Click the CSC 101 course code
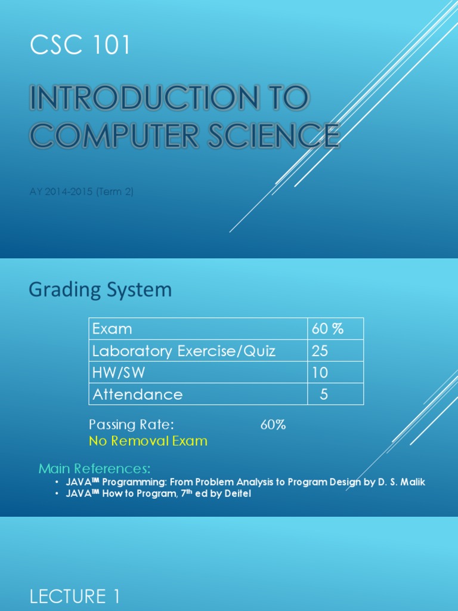click(x=80, y=46)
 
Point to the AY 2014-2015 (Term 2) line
click(x=86, y=192)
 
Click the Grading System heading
click(x=100, y=290)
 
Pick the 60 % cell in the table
click(x=328, y=329)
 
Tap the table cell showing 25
click(x=320, y=351)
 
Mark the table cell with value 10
click(x=320, y=373)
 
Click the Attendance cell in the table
click(x=136, y=394)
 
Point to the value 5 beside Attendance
click(x=324, y=394)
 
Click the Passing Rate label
click(x=131, y=425)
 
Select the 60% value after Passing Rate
click(x=273, y=425)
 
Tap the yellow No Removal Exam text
click(x=148, y=441)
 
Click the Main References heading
click(x=95, y=468)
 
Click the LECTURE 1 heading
click(x=75, y=596)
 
